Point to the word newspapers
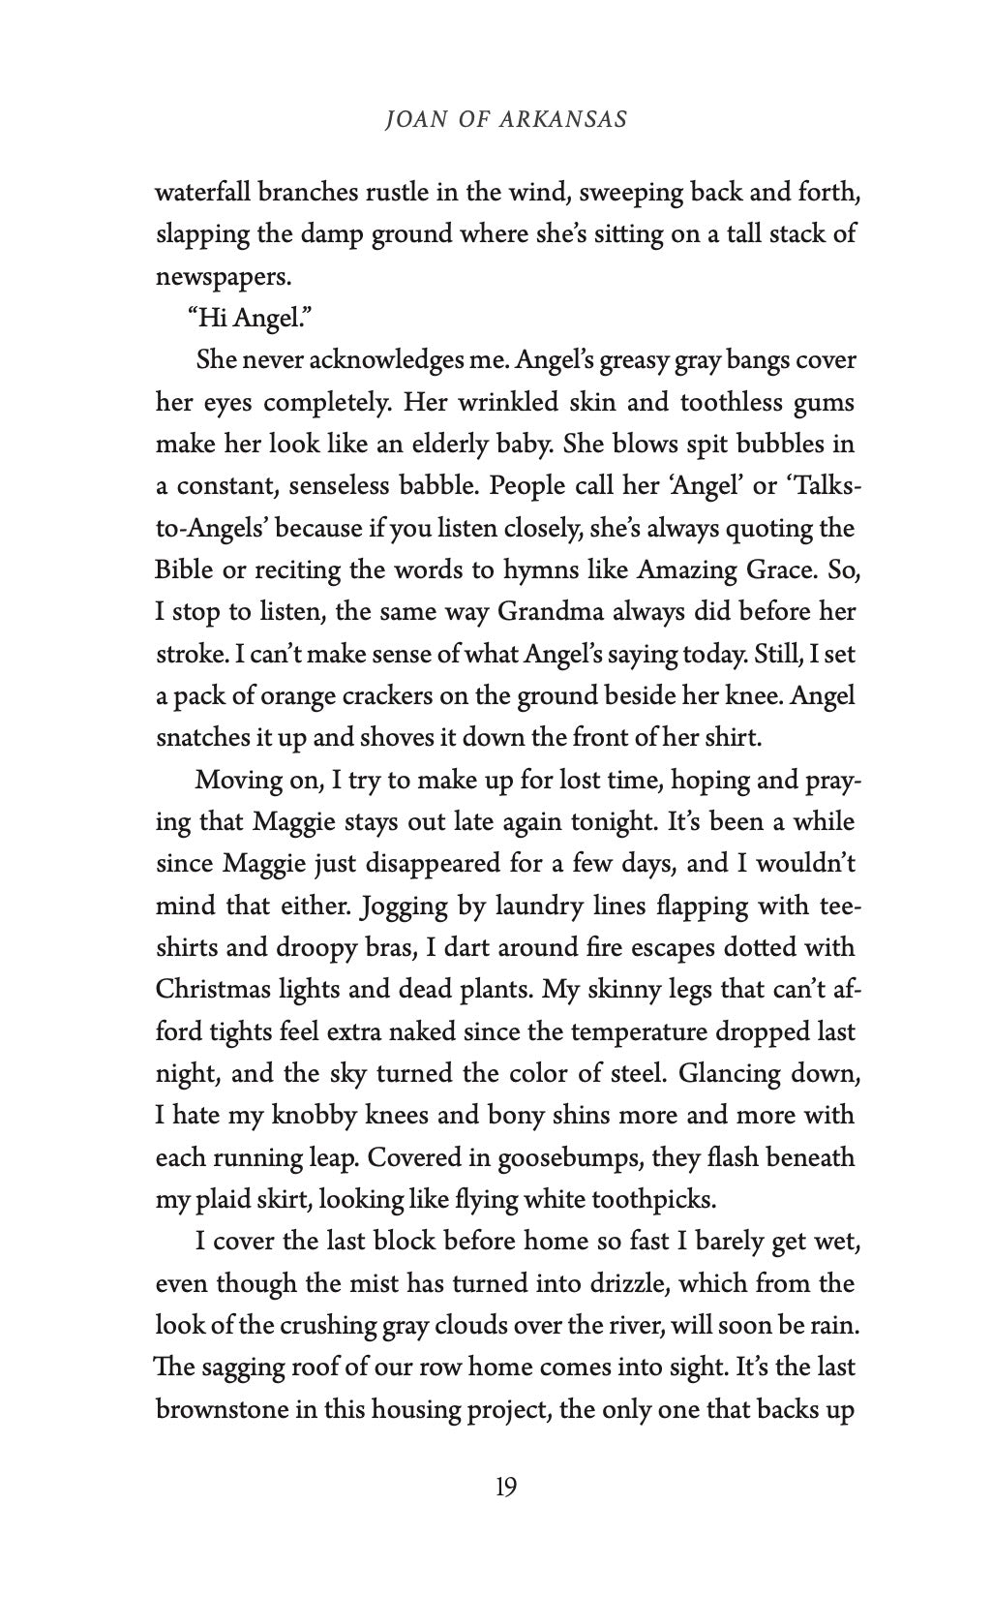[x=223, y=277]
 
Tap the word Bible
[x=184, y=570]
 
